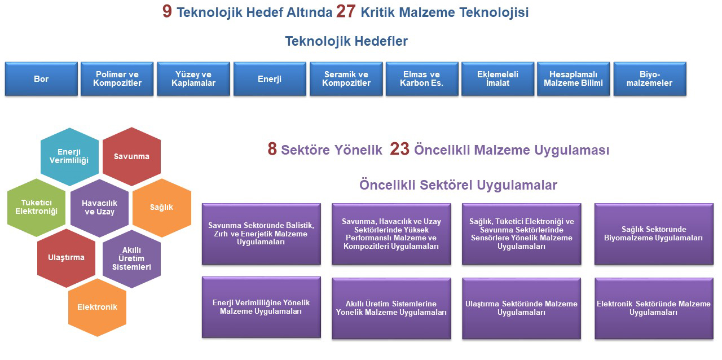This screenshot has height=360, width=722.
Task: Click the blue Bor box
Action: coord(41,79)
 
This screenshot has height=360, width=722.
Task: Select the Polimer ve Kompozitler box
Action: coord(117,79)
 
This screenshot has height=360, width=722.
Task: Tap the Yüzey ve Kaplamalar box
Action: coord(193,79)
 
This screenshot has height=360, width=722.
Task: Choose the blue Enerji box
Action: coord(270,79)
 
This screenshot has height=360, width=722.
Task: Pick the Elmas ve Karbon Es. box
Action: coord(422,79)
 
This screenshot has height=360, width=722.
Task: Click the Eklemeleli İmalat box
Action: coord(498,79)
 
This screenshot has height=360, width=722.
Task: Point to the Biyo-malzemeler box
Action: coord(650,79)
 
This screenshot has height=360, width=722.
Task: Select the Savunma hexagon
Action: coord(131,156)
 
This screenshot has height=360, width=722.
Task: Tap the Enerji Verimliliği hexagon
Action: coord(69,156)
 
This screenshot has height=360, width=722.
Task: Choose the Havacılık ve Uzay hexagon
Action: coord(100,207)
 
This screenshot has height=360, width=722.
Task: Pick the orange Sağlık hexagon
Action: coord(162,207)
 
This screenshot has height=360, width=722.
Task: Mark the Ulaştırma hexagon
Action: coord(67,258)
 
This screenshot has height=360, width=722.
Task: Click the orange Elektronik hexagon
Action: coord(98,307)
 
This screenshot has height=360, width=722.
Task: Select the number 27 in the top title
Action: coord(345,12)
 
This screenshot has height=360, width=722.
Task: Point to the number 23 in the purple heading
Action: coord(399,150)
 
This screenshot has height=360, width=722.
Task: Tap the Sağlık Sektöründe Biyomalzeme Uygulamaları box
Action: coord(654,234)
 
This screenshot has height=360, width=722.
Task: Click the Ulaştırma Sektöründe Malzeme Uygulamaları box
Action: coord(521,308)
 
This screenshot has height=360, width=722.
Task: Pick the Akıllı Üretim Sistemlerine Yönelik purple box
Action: coord(391,308)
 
